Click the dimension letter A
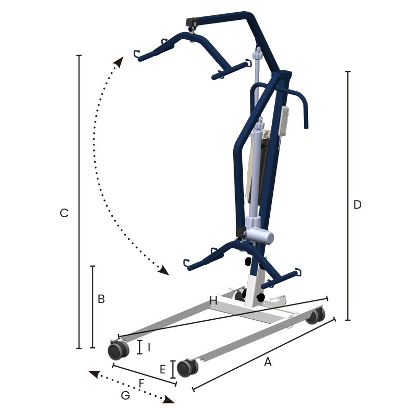tap(268, 362)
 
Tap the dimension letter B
tap(101, 299)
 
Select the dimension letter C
tap(64, 213)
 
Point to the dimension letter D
tap(358, 205)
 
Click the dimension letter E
tap(163, 369)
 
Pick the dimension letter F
tap(142, 383)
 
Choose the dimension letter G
tap(125, 396)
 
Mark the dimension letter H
tap(213, 301)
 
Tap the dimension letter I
tap(149, 347)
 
